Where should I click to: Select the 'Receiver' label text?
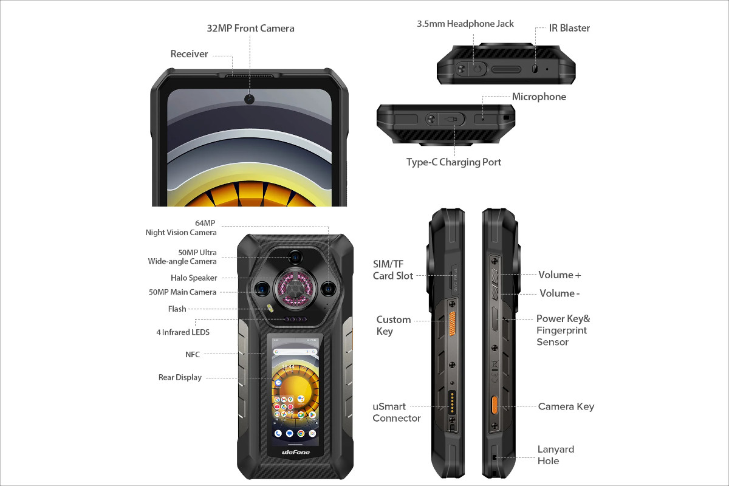(189, 54)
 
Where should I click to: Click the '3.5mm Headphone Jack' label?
(465, 24)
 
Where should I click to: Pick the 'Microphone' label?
(539, 97)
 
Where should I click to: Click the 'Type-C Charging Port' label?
(454, 162)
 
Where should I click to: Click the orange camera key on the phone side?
(495, 405)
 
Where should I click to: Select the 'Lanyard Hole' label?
(555, 455)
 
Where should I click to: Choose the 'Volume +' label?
(560, 275)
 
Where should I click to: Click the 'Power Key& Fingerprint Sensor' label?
(563, 330)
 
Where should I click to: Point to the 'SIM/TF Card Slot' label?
(392, 270)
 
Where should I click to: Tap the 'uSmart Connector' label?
(396, 412)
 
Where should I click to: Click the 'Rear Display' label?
(180, 377)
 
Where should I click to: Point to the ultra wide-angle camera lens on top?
(295, 257)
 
